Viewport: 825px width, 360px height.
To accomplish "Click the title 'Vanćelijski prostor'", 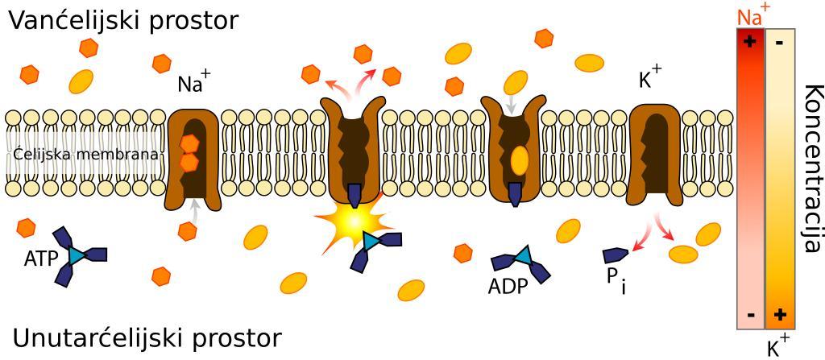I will pyautogui.click(x=123, y=20).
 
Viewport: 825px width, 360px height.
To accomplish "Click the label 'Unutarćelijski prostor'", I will pyautogui.click(x=147, y=337).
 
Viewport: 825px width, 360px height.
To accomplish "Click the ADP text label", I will pyautogui.click(x=507, y=287).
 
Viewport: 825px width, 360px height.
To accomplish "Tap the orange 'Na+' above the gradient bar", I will pyautogui.click(x=752, y=15).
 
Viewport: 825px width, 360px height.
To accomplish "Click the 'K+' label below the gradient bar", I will pyautogui.click(x=777, y=347).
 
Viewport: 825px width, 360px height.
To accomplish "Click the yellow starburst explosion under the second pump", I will pyautogui.click(x=350, y=220).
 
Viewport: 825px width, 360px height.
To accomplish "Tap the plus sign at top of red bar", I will pyautogui.click(x=750, y=41).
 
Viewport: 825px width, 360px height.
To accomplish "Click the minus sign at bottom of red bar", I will pyautogui.click(x=751, y=315).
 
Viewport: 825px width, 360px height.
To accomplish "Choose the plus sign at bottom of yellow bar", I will pyautogui.click(x=779, y=315).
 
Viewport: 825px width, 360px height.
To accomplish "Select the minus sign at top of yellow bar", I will pyautogui.click(x=779, y=42).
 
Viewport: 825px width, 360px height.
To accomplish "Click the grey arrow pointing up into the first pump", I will pyautogui.click(x=193, y=209).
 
